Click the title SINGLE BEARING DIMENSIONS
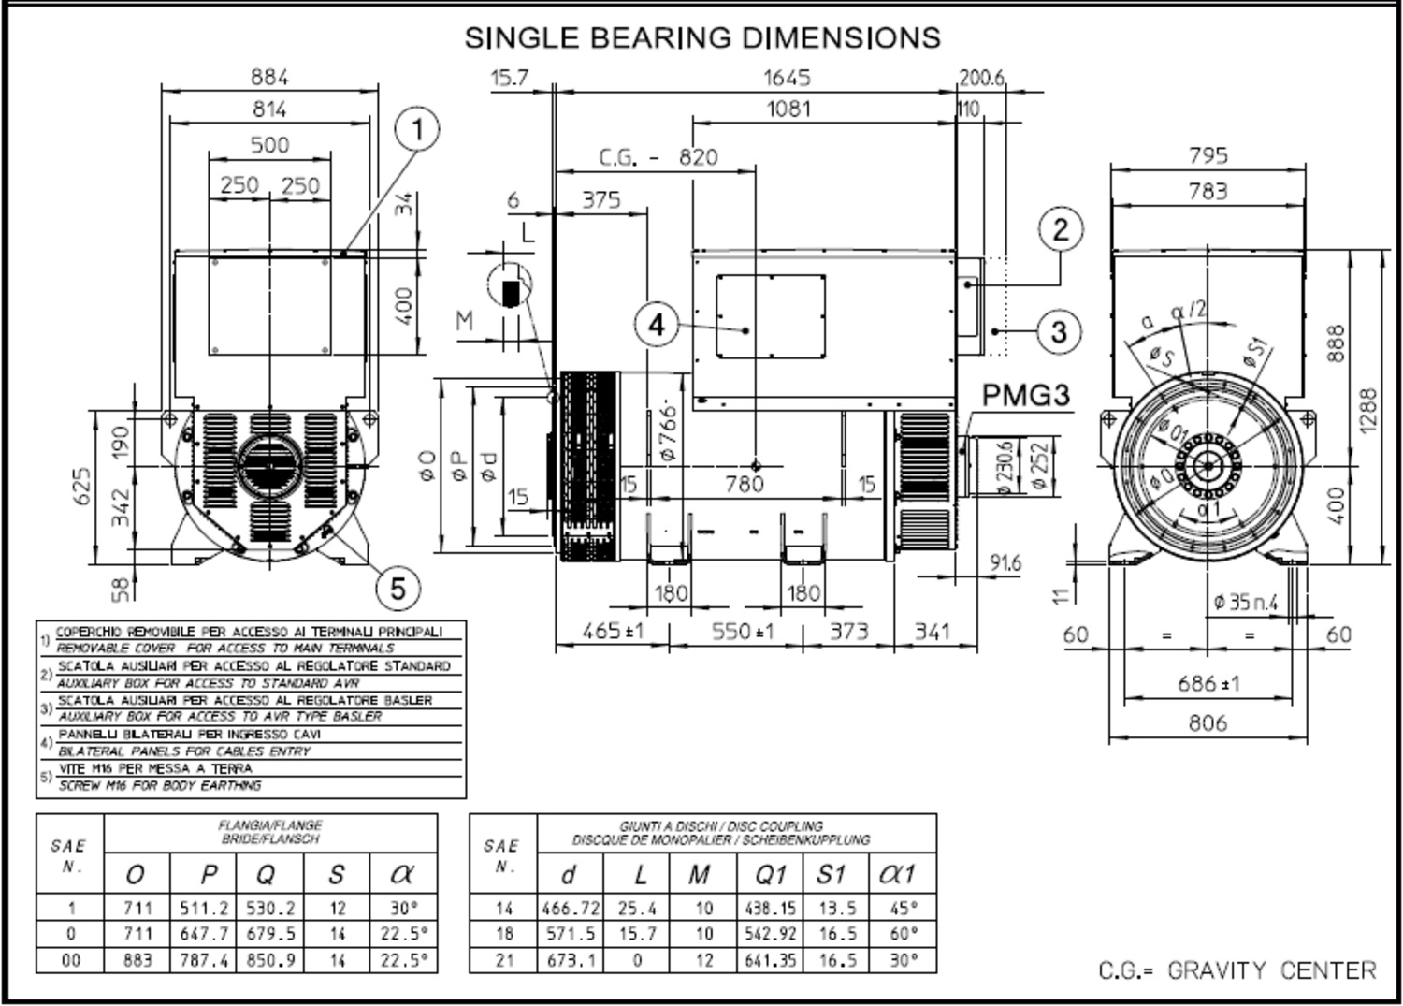702,37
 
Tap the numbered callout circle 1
417,129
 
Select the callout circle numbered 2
1060,229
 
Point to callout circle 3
1059,331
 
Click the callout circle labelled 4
658,325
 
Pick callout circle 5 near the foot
398,589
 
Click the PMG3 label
1025,396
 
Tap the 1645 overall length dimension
787,78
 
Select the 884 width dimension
269,77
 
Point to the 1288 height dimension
1367,410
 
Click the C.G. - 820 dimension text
658,157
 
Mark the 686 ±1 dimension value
1208,684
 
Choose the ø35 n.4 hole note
1245,603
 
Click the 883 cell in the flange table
137,960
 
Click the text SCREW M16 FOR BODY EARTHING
160,786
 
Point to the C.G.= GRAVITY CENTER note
1237,970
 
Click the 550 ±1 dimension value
743,632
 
